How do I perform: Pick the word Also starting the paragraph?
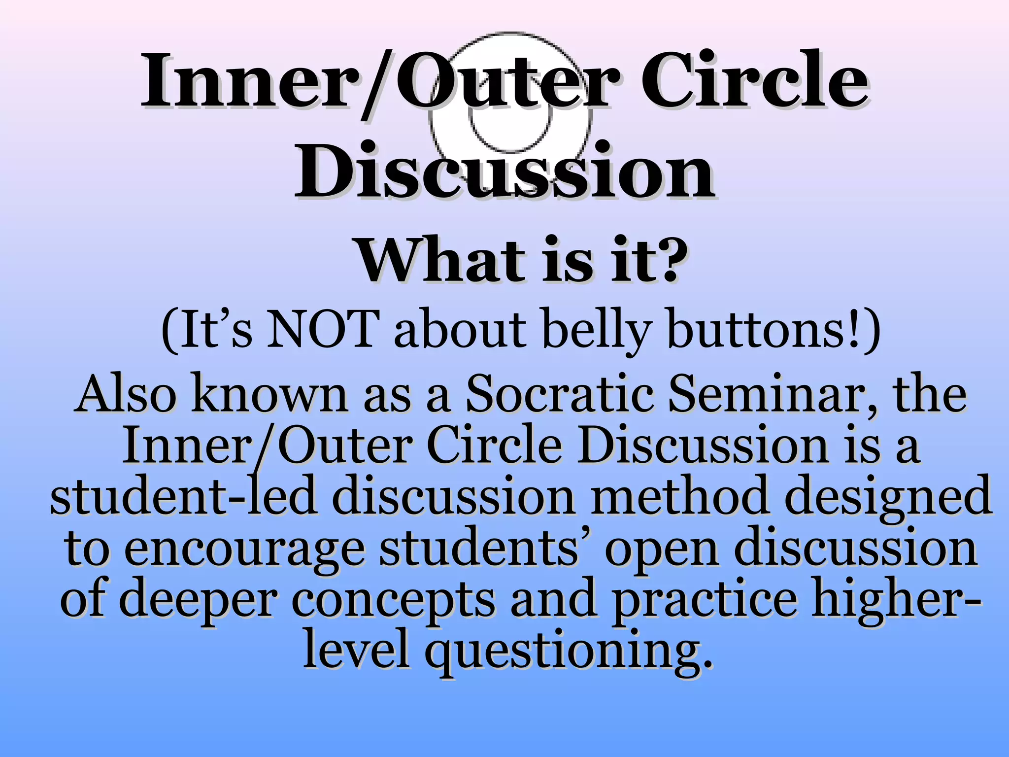126,394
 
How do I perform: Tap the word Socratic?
559,394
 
